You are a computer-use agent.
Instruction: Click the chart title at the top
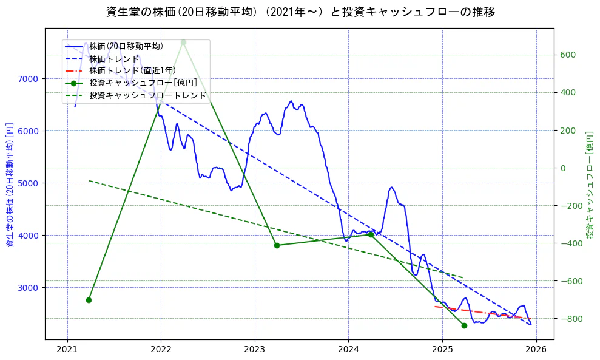(x=300, y=12)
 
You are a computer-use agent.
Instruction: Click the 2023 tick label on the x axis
(x=255, y=351)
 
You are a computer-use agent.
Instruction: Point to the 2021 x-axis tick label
(x=67, y=351)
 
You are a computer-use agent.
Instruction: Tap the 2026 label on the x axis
(x=536, y=351)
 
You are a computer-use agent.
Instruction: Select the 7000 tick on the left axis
(x=28, y=79)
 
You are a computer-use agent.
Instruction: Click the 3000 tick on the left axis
(x=28, y=288)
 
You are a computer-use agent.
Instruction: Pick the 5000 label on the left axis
(x=28, y=183)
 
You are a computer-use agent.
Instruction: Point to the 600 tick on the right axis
(x=568, y=55)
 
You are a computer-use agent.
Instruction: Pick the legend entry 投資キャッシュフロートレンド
(x=147, y=95)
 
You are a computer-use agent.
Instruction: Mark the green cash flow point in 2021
(x=89, y=300)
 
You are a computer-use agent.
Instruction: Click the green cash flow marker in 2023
(x=277, y=245)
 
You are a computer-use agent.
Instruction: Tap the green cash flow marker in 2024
(x=371, y=234)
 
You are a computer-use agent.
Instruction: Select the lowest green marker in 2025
(x=464, y=325)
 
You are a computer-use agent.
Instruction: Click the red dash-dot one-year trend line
(x=485, y=313)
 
